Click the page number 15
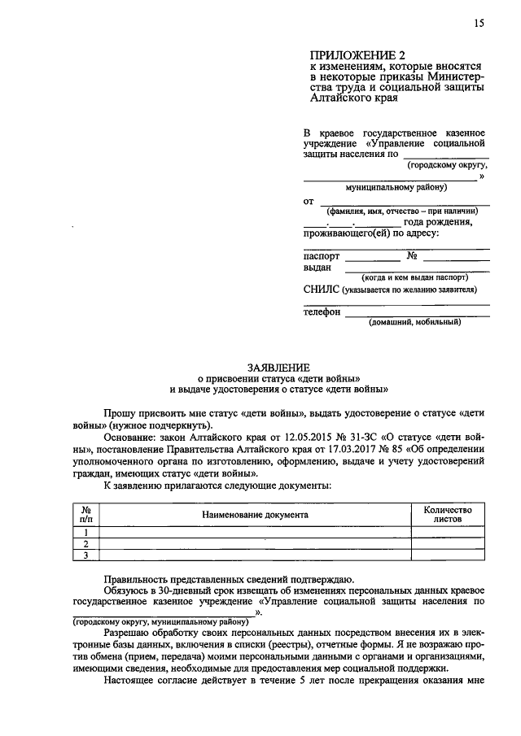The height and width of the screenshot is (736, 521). [x=478, y=24]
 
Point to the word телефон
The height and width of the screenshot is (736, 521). [x=322, y=311]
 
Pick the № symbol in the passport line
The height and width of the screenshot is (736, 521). [x=413, y=255]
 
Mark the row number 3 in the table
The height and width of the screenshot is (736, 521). [x=85, y=555]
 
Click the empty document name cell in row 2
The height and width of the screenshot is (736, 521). [x=255, y=543]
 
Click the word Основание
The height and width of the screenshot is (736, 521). [x=131, y=436]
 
